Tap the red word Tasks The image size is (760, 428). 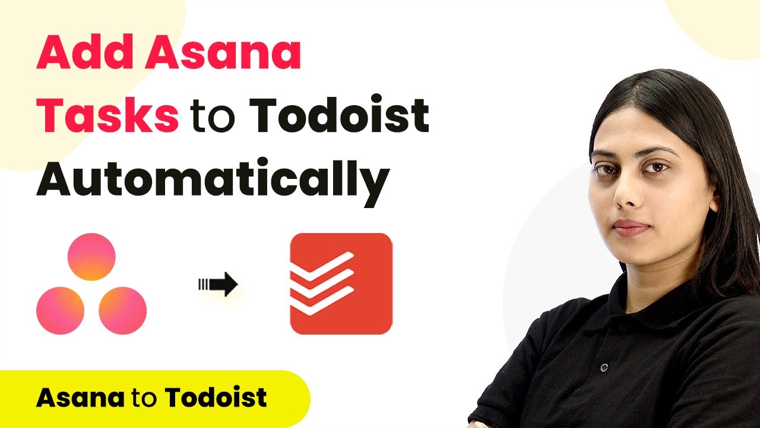pyautogui.click(x=107, y=115)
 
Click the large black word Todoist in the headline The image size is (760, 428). pyautogui.click(x=339, y=115)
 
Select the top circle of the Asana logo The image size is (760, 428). pyautogui.click(x=91, y=257)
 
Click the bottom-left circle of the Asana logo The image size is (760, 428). pyautogui.click(x=61, y=311)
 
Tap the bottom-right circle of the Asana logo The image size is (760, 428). pyautogui.click(x=123, y=311)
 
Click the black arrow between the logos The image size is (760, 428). pyautogui.click(x=218, y=284)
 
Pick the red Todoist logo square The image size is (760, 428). pyautogui.click(x=341, y=284)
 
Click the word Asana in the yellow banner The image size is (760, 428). pyautogui.click(x=80, y=398)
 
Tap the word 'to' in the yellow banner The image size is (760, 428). pyautogui.click(x=144, y=398)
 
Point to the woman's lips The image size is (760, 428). pyautogui.click(x=631, y=228)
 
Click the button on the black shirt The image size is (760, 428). pyautogui.click(x=604, y=367)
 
